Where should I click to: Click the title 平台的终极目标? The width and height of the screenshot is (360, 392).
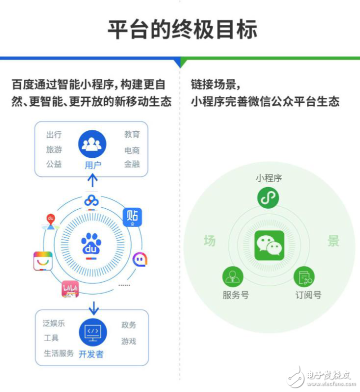coord(182,29)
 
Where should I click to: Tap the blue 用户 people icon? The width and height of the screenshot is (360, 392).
coord(92,144)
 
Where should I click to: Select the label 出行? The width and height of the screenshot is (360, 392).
coord(54,135)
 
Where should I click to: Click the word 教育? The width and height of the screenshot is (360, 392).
coord(132,134)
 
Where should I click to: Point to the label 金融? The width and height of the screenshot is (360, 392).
coord(132,164)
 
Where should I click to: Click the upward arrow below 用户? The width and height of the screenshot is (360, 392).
coord(92,180)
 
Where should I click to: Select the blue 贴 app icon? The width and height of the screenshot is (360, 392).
coord(132,217)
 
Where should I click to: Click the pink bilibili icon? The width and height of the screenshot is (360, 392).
coord(70,289)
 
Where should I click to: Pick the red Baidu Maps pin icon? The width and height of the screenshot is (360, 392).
coord(51,222)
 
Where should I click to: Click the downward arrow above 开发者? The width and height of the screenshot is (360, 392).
coord(94,308)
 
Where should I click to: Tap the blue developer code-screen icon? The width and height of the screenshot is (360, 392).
coord(93,332)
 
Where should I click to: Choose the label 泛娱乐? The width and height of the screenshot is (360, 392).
coord(54,323)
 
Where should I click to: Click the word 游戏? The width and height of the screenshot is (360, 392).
coord(128,341)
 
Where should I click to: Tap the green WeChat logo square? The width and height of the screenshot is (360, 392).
coord(269,245)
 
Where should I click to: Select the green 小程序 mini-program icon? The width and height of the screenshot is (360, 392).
coord(268,198)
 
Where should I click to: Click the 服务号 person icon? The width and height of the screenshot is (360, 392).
coord(233,277)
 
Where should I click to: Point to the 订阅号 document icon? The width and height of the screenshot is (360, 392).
coord(304,277)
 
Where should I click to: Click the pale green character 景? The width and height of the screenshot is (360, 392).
coord(333,241)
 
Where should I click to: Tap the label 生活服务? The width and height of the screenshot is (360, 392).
coord(58,353)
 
